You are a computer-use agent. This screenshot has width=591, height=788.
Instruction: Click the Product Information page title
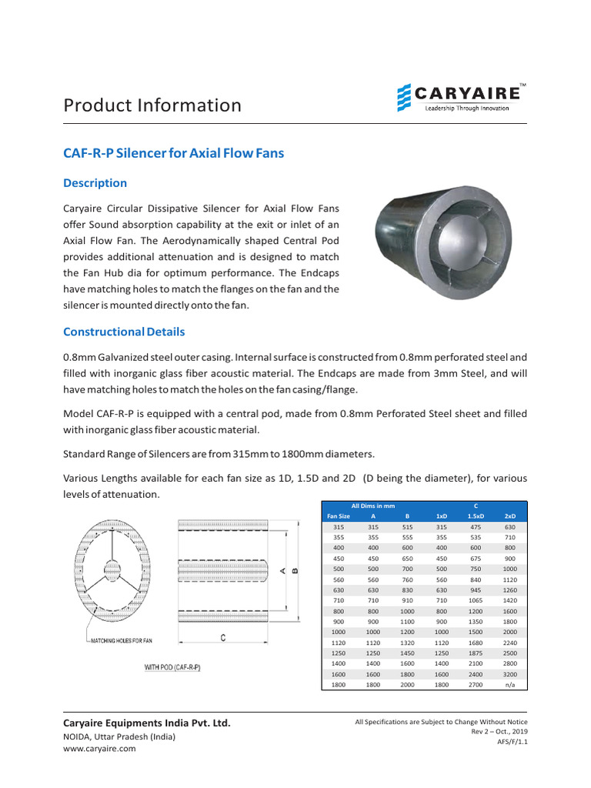pos(152,105)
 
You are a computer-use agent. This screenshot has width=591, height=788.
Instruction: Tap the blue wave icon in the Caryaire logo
pos(404,99)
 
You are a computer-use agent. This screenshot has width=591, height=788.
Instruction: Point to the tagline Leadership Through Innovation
pos(467,109)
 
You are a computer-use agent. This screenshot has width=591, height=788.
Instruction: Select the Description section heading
pos(95,183)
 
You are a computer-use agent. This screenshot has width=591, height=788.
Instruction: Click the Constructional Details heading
pos(124,332)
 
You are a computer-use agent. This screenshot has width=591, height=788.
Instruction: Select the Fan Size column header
pos(339,516)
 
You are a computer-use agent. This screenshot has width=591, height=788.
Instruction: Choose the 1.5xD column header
pos(476,516)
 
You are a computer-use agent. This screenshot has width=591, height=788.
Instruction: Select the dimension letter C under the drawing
pos(222,638)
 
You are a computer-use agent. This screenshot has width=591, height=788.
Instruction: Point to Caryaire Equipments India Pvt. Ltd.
pos(146,723)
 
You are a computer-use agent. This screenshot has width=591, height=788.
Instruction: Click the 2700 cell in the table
pos(476,683)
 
